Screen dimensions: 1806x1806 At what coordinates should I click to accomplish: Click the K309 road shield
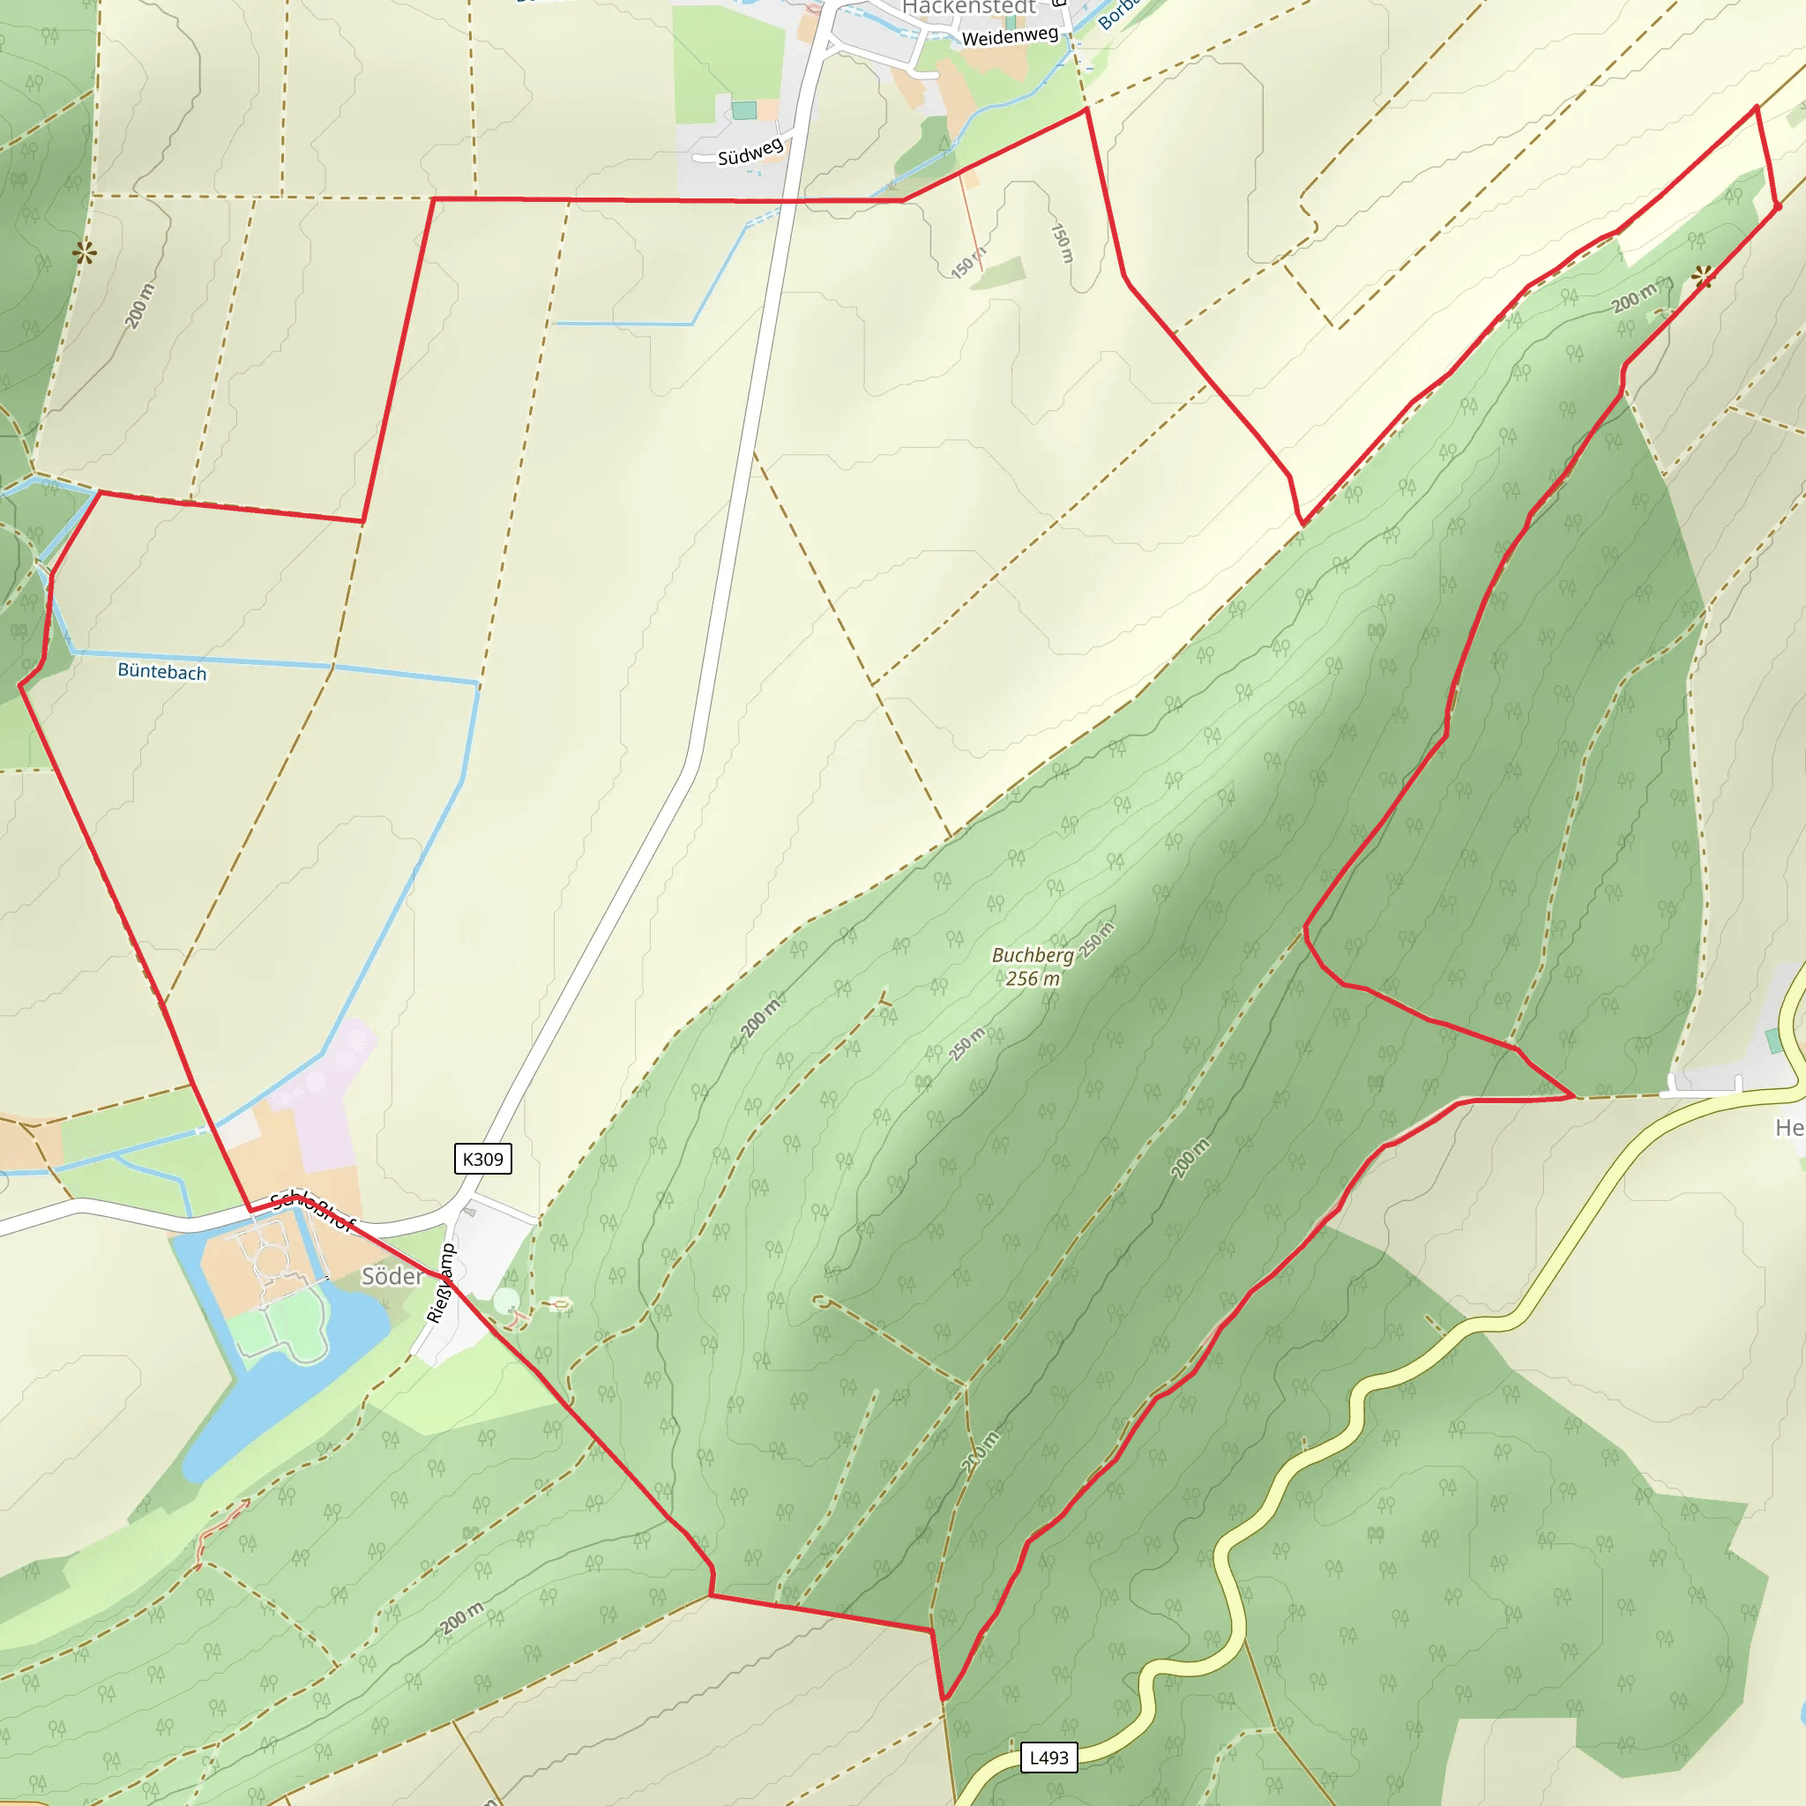point(482,1159)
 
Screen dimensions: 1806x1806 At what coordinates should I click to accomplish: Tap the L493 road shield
point(1048,1757)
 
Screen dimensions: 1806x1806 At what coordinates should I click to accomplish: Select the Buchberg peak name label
point(1032,954)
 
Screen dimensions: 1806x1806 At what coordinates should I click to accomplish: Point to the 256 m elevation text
point(1032,979)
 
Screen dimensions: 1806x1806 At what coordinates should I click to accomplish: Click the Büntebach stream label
point(161,671)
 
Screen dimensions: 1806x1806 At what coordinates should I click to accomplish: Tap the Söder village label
point(392,1276)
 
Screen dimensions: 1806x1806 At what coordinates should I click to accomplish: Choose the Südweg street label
point(750,152)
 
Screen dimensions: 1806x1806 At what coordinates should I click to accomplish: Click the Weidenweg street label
point(1010,36)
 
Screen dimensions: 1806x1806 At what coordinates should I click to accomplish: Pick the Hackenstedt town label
point(968,7)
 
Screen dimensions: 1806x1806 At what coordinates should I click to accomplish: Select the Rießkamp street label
point(440,1282)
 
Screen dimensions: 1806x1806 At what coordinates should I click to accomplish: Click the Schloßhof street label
point(313,1213)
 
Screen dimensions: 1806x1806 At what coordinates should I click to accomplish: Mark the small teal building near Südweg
point(744,110)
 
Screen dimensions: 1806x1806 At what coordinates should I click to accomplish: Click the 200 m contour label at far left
point(139,306)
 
